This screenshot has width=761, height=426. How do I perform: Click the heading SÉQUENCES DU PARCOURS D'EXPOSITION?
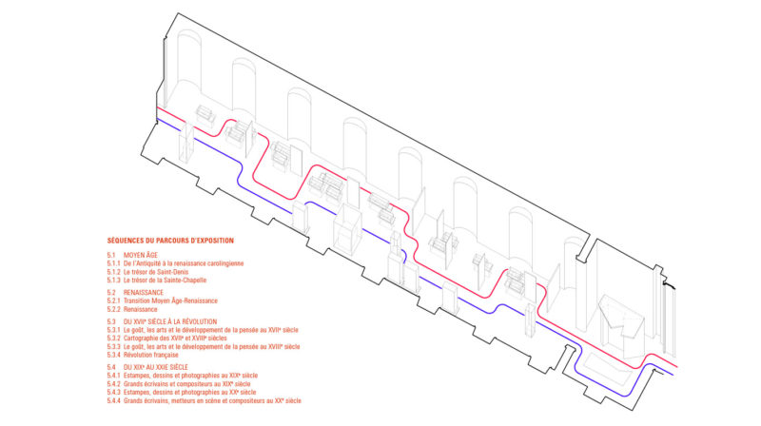tap(170, 241)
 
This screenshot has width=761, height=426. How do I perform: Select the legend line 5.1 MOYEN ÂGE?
tap(132, 255)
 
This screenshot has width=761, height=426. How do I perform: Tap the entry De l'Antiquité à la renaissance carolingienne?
tap(184, 263)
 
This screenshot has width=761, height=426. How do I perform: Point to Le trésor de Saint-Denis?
tap(156, 272)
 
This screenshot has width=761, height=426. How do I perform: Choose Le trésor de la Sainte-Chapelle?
tap(165, 281)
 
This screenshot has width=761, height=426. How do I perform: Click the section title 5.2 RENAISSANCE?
tap(135, 293)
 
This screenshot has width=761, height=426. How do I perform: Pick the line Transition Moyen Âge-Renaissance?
tap(170, 300)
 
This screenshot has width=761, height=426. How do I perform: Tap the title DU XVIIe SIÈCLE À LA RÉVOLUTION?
tap(170, 321)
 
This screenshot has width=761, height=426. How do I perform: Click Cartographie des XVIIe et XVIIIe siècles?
tap(175, 339)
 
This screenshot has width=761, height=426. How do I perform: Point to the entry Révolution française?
tap(151, 356)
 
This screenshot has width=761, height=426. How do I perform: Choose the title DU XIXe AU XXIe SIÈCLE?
tap(155, 367)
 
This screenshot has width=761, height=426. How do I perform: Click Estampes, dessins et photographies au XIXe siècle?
tap(191, 376)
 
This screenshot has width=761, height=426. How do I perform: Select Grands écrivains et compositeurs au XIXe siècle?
tap(186, 384)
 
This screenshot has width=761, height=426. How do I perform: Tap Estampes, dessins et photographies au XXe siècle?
tap(189, 393)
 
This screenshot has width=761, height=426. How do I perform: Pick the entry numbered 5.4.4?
tap(205, 400)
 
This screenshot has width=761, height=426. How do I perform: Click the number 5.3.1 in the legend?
tap(113, 330)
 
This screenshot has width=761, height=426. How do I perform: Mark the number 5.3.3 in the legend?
tap(113, 347)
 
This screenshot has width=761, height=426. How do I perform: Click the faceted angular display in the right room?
tap(621, 320)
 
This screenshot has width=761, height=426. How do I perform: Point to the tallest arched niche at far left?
tap(188, 68)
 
